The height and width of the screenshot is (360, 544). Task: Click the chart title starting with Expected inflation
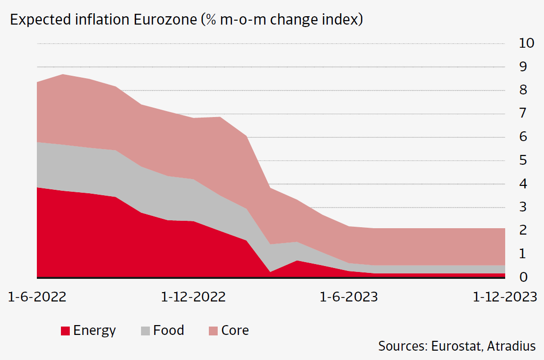[186, 20]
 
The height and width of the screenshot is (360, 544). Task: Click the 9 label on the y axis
[523, 67]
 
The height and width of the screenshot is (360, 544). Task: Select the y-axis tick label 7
[523, 114]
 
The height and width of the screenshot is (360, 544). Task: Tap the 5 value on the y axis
[523, 160]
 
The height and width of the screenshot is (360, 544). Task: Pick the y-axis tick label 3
[523, 207]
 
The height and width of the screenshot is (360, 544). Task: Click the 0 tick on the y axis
[523, 277]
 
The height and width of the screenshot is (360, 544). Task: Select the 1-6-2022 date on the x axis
[38, 297]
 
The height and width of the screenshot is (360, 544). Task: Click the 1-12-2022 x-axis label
[193, 297]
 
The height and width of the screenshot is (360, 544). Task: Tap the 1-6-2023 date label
[349, 297]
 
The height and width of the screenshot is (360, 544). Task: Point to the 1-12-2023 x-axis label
[505, 297]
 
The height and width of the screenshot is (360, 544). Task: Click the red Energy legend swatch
[65, 331]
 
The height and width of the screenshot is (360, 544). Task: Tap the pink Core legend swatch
[213, 331]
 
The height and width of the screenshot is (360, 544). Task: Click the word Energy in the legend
[94, 330]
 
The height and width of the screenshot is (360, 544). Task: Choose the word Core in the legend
[235, 330]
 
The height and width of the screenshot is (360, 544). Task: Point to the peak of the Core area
[63, 75]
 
